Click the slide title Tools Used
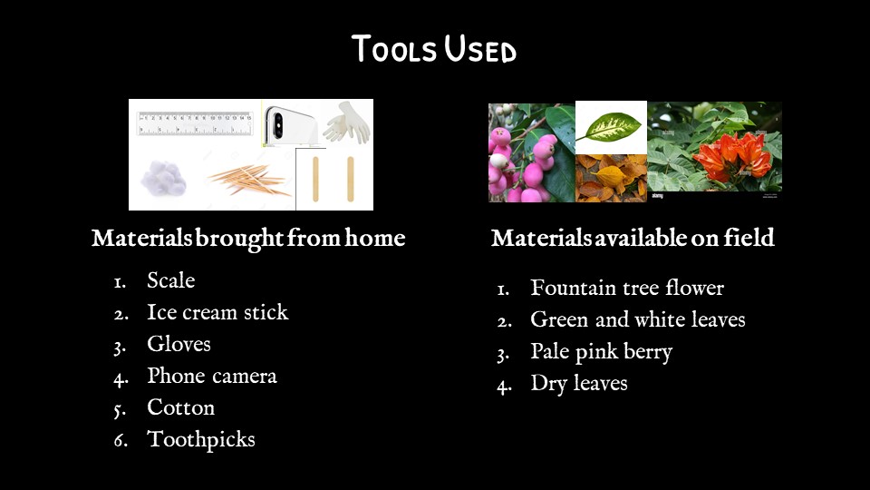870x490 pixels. [x=434, y=49]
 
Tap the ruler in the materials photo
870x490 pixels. [x=194, y=123]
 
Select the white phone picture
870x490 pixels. [x=290, y=124]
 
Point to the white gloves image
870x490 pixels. [x=347, y=122]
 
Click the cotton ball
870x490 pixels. [x=163, y=179]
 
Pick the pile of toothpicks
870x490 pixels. [x=250, y=180]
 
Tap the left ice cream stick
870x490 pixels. [x=315, y=179]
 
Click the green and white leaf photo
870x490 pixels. [x=611, y=127]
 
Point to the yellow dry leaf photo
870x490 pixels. [x=611, y=179]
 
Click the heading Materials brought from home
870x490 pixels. [x=248, y=239]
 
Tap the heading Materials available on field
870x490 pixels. [x=633, y=238]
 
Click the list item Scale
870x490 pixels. [x=171, y=280]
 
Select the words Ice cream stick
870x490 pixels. [x=217, y=312]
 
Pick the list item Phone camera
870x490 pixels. [x=212, y=376]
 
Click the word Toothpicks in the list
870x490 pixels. [x=201, y=440]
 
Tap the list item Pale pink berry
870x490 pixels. [x=602, y=352]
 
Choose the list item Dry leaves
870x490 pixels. [x=579, y=383]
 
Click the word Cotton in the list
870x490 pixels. [x=181, y=407]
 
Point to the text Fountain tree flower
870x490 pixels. [x=627, y=288]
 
